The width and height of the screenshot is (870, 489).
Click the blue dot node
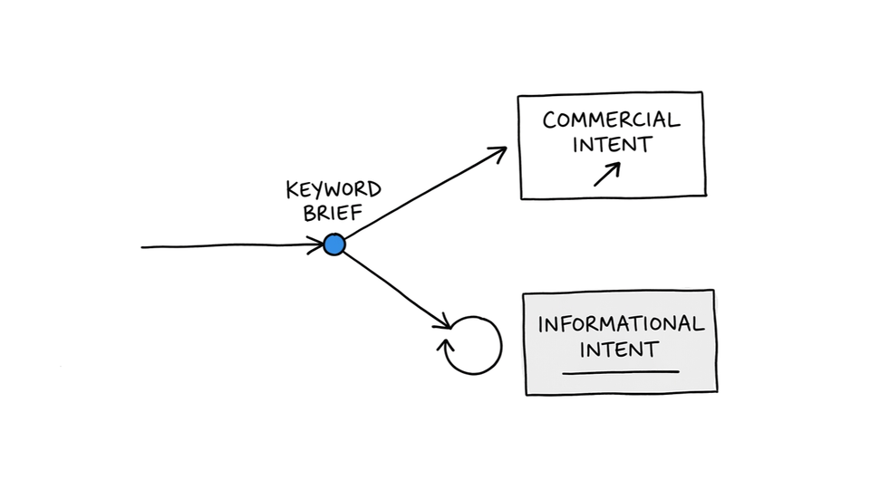point(334,244)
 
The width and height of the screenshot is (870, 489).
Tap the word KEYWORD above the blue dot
point(333,190)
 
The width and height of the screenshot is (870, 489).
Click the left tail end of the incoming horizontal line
point(143,246)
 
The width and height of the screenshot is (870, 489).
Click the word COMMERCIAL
point(612,120)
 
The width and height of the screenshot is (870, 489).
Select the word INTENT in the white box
point(612,144)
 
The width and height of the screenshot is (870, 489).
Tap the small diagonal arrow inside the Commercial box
point(607,174)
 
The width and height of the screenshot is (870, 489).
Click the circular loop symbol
point(473,346)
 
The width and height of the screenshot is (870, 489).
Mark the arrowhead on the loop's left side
point(445,345)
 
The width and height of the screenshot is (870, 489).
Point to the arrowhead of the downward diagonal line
point(445,324)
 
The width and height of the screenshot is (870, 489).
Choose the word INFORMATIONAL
point(621,324)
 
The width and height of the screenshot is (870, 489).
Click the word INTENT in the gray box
point(620,349)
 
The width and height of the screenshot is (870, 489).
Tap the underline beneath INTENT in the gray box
point(620,371)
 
